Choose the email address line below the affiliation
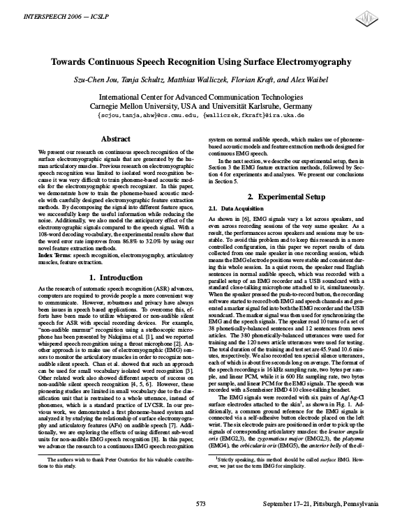pos(201,115)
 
